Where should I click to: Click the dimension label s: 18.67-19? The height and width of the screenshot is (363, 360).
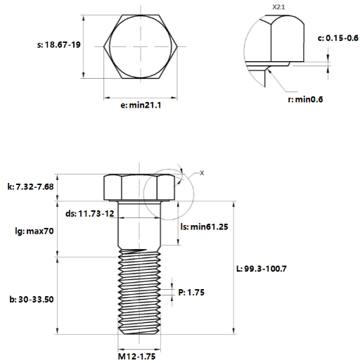(59, 44)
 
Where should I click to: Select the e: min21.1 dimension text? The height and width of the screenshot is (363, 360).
(141, 105)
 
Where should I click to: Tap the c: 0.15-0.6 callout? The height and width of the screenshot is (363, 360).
(338, 38)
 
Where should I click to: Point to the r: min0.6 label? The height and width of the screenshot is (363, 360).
(305, 99)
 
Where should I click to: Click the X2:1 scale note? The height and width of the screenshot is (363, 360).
(278, 7)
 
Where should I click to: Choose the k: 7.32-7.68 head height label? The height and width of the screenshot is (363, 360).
(30, 186)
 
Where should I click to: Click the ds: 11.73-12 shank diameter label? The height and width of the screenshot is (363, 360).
(90, 213)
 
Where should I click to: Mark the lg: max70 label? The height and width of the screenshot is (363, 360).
(34, 231)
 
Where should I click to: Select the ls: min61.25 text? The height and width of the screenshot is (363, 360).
(204, 227)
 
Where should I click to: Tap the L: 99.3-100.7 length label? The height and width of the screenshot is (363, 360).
(262, 269)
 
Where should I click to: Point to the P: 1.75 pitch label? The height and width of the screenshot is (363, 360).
(191, 293)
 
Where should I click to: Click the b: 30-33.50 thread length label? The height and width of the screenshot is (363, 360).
(32, 300)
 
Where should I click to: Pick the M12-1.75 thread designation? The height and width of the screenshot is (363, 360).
(136, 357)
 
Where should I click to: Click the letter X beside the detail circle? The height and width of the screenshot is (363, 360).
(202, 173)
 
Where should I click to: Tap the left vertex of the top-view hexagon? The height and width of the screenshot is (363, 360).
(104, 46)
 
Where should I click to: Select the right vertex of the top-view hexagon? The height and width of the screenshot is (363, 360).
(177, 46)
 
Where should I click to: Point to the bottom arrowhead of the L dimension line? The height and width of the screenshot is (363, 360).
(233, 331)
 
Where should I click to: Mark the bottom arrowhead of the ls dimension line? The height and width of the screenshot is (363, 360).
(178, 242)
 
